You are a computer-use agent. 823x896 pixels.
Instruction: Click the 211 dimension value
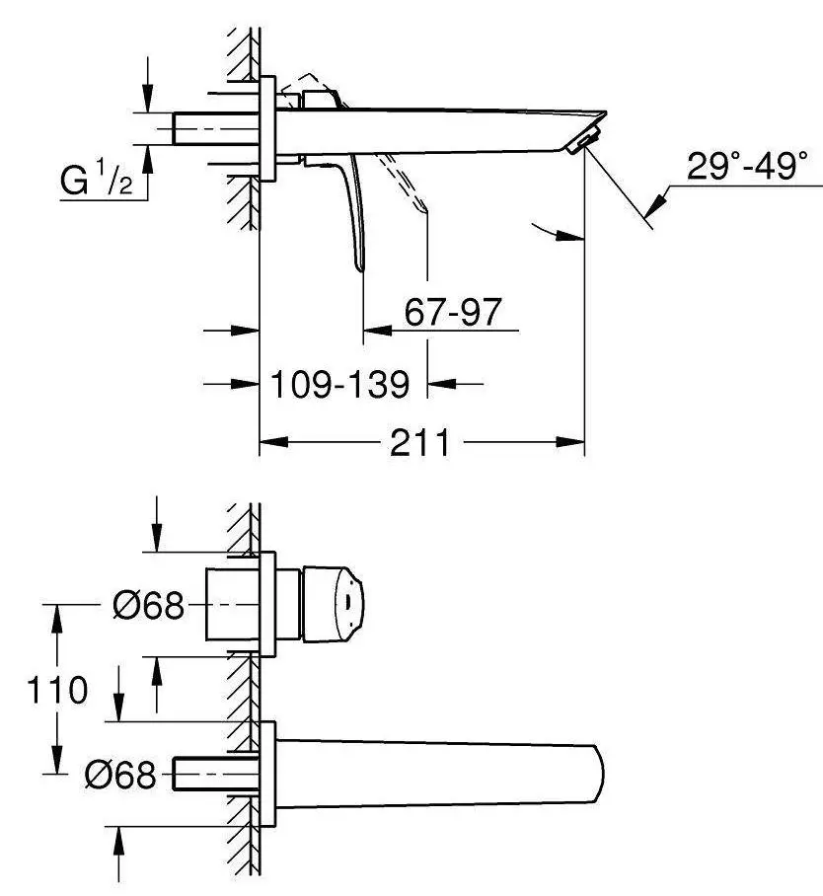420,443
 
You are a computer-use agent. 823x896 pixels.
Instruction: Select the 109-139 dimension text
340,384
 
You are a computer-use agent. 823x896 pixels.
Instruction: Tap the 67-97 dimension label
453,312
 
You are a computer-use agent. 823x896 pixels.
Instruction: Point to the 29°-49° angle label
748,167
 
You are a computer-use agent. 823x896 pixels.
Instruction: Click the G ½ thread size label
96,178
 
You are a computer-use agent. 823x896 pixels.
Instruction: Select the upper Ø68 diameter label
149,605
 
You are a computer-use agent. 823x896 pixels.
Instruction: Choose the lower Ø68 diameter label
120,775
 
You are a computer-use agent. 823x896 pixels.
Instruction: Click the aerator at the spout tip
583,139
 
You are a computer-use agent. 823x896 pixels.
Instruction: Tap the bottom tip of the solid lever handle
359,268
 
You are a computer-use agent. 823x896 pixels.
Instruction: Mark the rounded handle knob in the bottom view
333,604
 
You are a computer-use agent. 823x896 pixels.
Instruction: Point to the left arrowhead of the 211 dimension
273,442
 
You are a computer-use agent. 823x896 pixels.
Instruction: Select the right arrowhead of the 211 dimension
570,442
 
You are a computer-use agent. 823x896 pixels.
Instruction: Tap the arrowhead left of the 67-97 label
377,330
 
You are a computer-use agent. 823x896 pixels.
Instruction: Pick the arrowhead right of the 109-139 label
442,384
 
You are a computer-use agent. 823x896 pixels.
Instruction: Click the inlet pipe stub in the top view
216,128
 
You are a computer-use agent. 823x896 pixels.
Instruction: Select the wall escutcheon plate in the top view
267,128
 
